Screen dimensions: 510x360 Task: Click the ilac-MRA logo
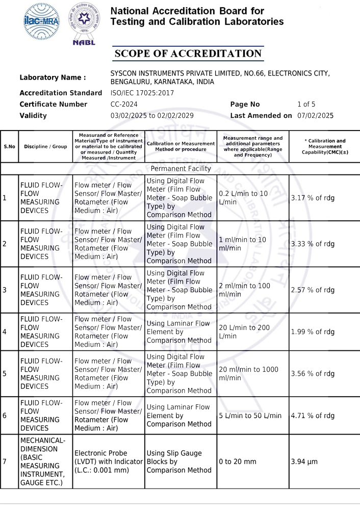[x=41, y=21]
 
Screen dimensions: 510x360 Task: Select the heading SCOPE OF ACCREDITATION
[x=188, y=54]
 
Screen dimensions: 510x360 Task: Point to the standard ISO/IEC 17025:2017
[x=142, y=93]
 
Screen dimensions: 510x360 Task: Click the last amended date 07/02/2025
[x=315, y=116]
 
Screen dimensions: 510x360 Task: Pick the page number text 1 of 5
[x=306, y=105]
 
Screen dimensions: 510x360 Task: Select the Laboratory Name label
[x=53, y=78]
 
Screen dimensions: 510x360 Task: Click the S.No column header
[x=9, y=146]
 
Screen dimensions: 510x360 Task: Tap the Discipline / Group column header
[x=45, y=146]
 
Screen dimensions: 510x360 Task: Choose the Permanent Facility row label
[x=181, y=168]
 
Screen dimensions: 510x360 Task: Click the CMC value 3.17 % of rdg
[x=313, y=198]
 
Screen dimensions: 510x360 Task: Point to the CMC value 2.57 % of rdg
[x=313, y=290]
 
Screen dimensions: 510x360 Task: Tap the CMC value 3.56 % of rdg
[x=313, y=373]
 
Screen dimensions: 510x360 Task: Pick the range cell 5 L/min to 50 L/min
[x=250, y=416]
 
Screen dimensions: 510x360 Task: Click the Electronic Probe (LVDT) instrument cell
[x=108, y=462]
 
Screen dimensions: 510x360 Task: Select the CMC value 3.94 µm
[x=304, y=462]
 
